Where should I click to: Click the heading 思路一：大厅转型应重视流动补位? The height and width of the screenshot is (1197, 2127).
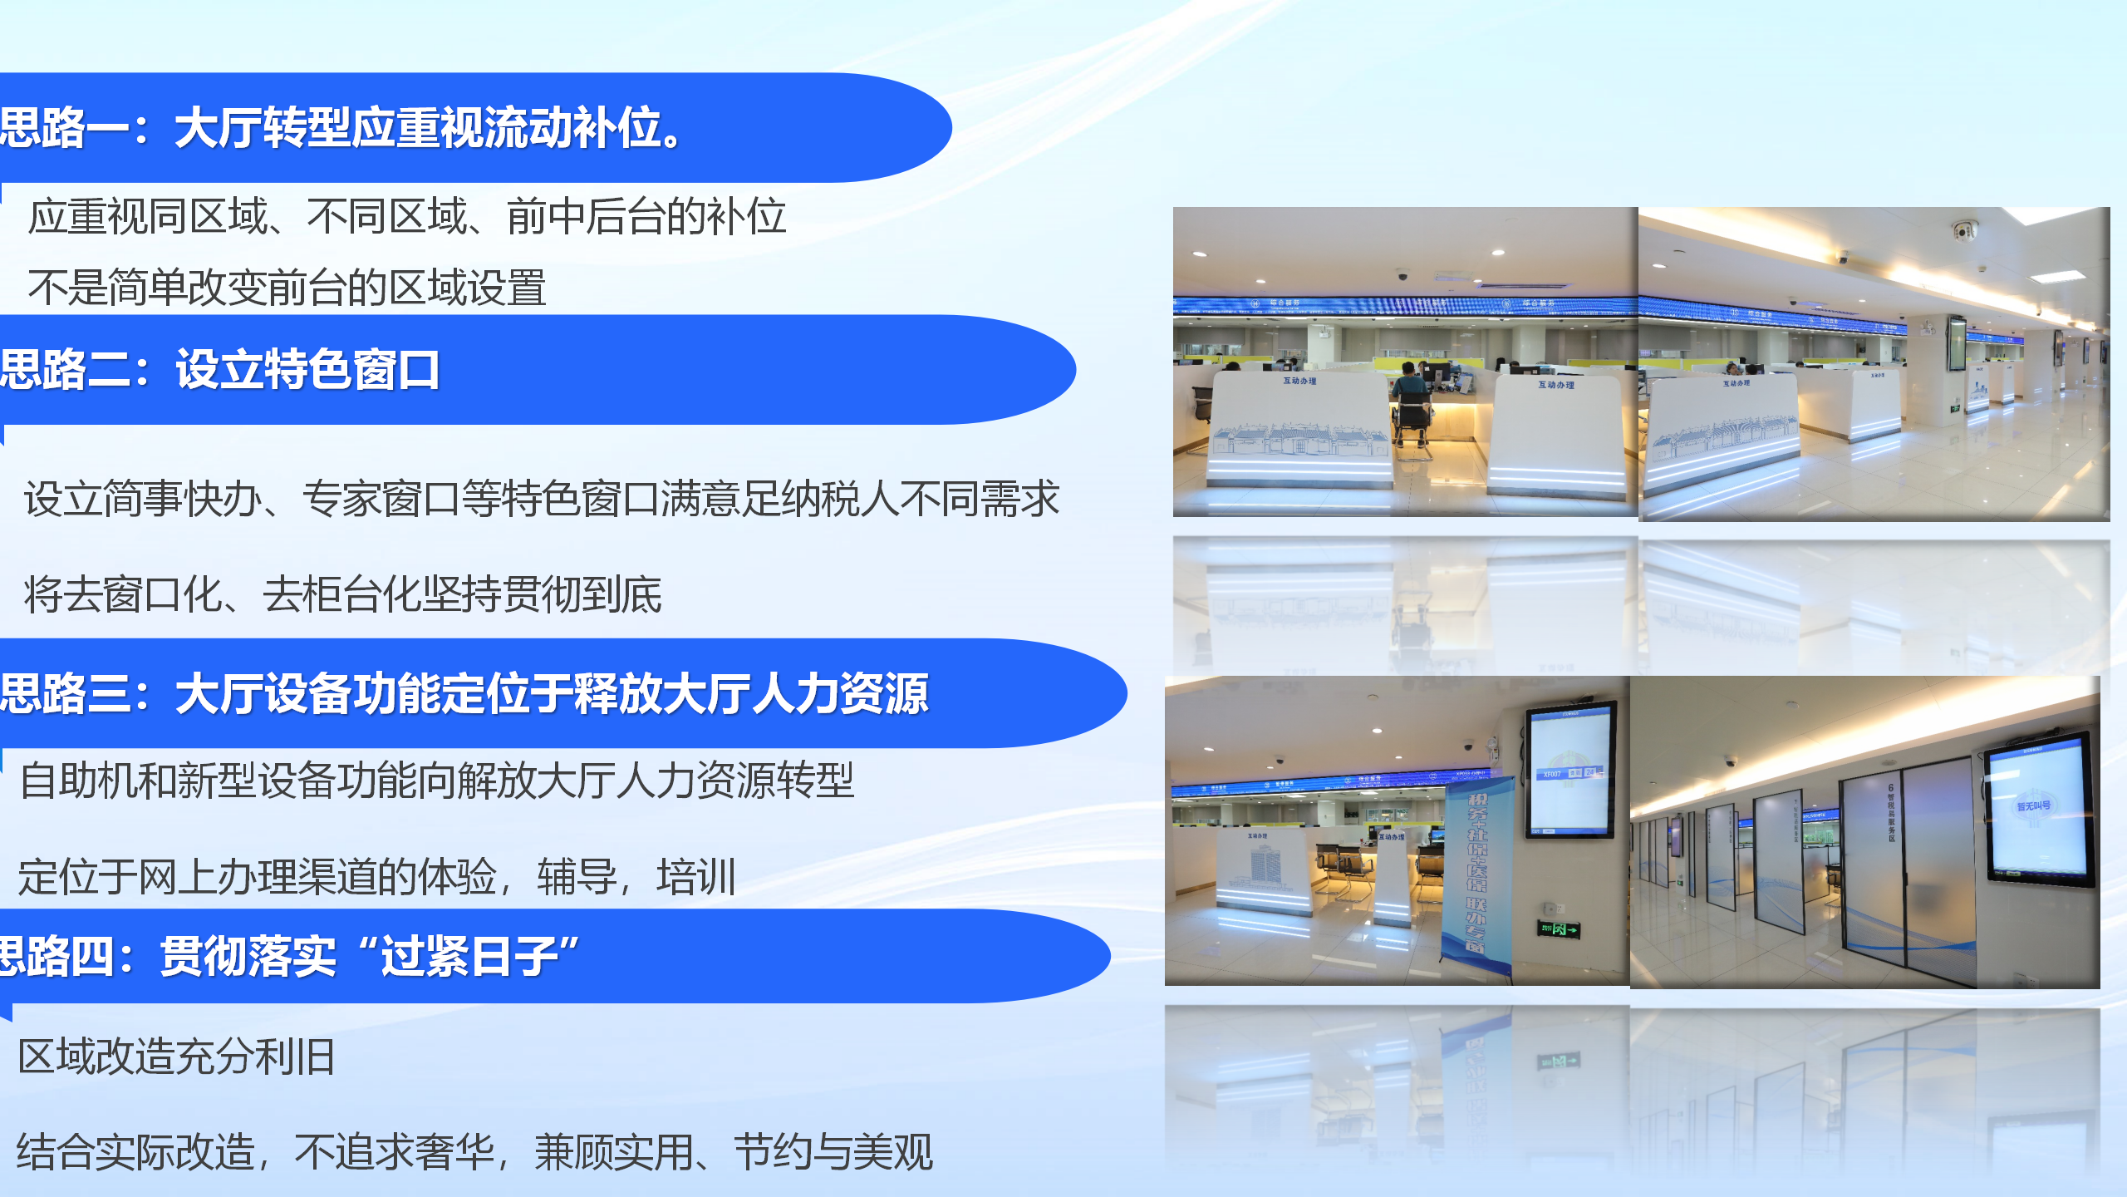pos(341,129)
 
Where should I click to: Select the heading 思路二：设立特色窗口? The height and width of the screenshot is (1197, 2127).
pos(220,370)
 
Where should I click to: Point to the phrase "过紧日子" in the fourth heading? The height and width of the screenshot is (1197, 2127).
pos(470,956)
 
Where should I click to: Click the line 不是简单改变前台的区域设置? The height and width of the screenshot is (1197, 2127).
pos(287,288)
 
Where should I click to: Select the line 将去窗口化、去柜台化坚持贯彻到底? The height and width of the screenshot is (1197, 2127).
pos(342,595)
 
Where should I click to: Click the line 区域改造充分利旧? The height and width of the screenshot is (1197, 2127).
pos(176,1057)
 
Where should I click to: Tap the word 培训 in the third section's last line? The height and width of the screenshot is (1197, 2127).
pos(696,878)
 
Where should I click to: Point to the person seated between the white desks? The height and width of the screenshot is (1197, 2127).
pos(1409,391)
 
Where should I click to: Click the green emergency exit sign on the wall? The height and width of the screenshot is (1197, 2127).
pos(1558,929)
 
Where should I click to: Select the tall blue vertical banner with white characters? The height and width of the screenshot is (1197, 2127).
pos(1476,873)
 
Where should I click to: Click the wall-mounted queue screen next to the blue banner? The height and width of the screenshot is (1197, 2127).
pos(1570,769)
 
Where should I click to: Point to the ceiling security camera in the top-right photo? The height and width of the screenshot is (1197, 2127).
pos(1964,230)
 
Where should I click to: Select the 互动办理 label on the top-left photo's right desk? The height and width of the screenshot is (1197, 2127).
pos(1555,385)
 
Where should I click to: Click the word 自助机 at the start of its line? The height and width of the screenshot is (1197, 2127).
pos(78,781)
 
